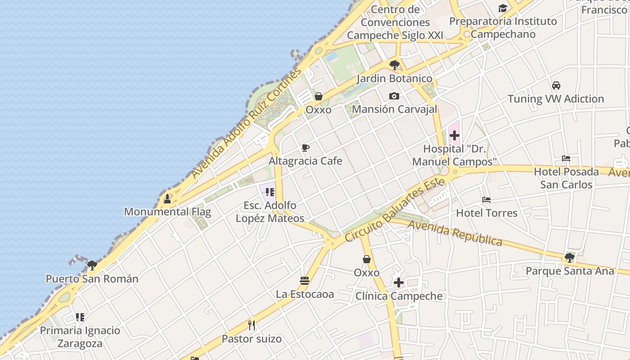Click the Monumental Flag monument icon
167,198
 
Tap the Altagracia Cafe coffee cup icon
306,148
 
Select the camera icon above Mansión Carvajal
394,96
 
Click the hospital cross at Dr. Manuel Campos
454,135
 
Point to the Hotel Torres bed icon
486,200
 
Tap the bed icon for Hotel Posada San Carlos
566,158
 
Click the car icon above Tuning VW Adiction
556,85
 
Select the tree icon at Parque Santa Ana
569,258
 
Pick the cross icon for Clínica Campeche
399,283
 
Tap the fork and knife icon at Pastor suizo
252,325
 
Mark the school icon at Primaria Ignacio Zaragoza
80,317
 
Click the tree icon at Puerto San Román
92,265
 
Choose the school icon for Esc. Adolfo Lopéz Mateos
270,193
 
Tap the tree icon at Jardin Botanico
395,65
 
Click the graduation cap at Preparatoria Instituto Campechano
503,8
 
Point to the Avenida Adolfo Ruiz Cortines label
246,124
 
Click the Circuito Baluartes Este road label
395,210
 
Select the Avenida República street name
455,233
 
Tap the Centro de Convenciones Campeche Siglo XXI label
395,22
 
